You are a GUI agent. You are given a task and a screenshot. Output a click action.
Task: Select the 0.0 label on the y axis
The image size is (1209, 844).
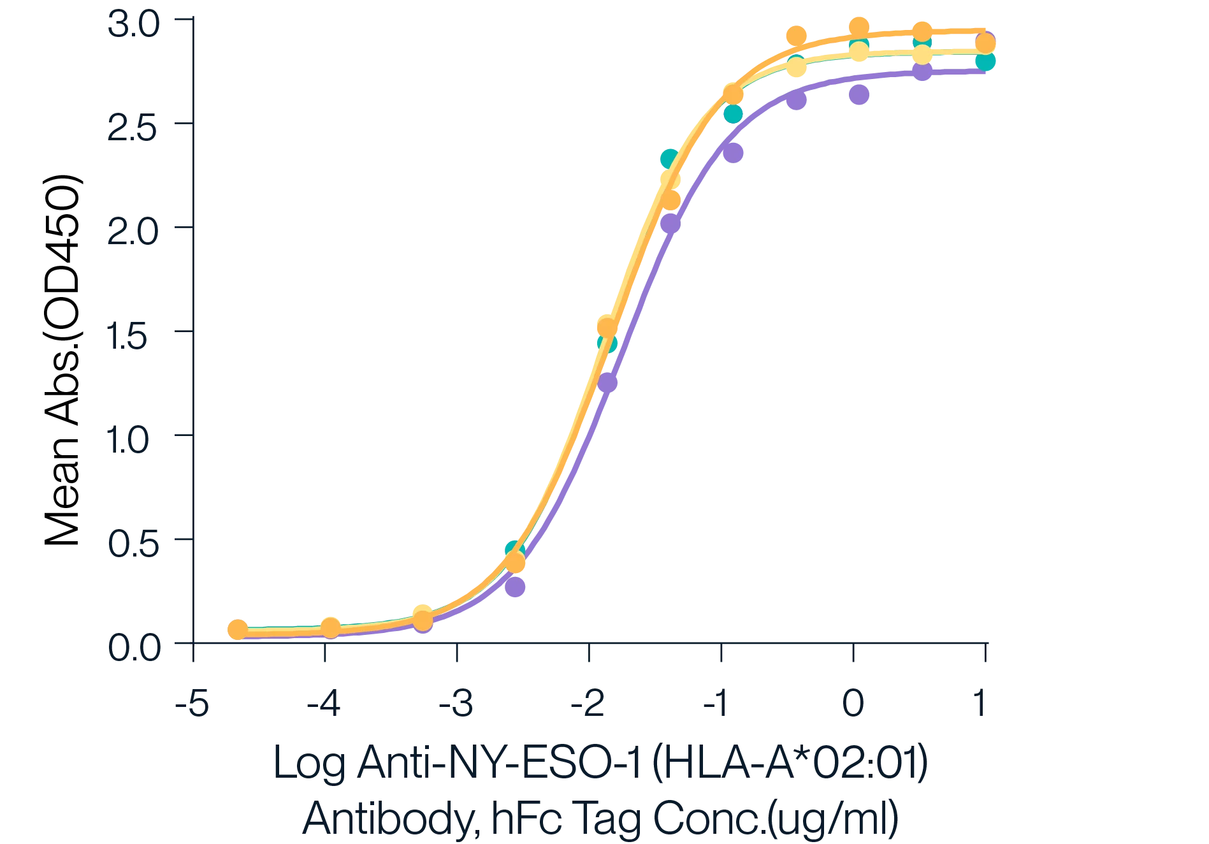click(134, 646)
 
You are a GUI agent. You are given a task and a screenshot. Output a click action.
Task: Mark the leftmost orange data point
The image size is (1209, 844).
click(237, 630)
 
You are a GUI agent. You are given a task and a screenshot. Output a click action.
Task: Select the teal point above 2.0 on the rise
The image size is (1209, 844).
click(669, 157)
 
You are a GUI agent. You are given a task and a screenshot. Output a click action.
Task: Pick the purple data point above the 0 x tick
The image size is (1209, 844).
click(859, 94)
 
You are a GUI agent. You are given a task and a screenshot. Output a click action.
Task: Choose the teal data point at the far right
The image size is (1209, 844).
click(986, 62)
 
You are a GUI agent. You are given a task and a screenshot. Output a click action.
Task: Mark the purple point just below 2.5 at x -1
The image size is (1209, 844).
click(734, 152)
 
